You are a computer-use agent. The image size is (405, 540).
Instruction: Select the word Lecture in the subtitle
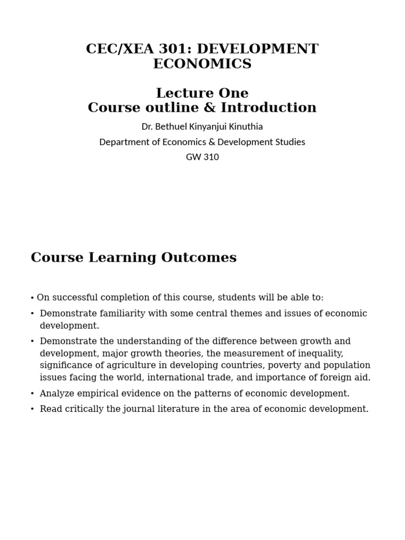tap(179, 93)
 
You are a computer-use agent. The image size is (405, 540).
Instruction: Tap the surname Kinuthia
tap(244, 127)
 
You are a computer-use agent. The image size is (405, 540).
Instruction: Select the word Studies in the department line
tap(289, 142)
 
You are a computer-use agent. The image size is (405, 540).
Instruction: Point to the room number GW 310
tap(202, 157)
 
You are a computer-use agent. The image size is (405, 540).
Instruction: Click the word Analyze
tap(57, 393)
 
